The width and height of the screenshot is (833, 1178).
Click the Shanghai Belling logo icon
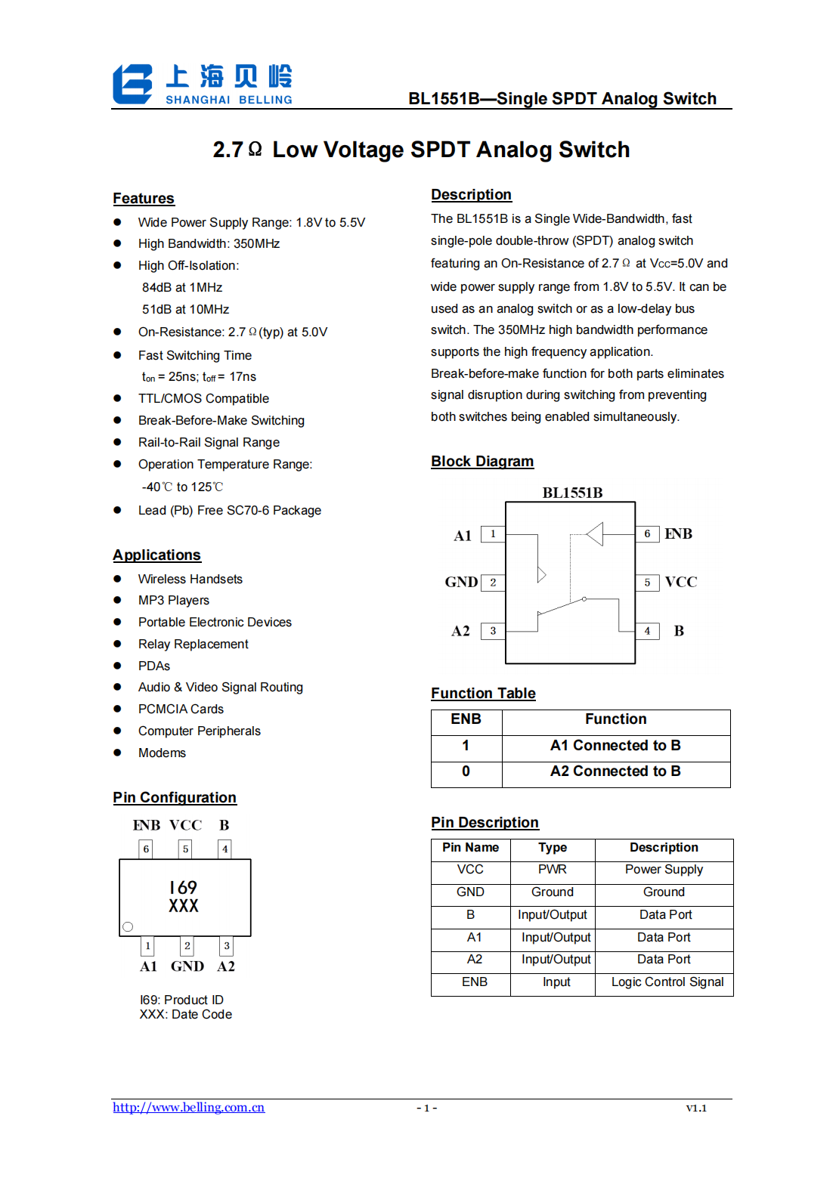tap(132, 84)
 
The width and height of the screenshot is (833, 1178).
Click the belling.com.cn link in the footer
tap(188, 1107)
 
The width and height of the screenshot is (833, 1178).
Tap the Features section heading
tap(144, 198)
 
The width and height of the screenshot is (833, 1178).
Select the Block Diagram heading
tap(482, 461)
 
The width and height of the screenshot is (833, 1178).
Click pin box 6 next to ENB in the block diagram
tap(647, 533)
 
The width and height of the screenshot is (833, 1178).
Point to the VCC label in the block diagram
tap(680, 582)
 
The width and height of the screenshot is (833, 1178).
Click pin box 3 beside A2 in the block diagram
tap(493, 631)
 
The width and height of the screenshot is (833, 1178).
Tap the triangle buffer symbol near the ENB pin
tap(595, 533)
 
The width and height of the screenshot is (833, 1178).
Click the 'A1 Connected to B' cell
tap(615, 745)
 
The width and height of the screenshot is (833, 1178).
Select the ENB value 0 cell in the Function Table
tap(466, 771)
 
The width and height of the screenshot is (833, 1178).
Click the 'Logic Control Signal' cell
tap(667, 982)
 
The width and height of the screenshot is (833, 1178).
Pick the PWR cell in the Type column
tap(552, 870)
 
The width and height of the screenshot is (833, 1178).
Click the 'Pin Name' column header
tap(470, 848)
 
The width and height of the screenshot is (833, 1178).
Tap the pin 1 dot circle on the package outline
tap(128, 926)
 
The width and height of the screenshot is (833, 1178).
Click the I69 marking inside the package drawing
tap(183, 887)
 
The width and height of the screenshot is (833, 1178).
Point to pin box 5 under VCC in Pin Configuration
tap(185, 849)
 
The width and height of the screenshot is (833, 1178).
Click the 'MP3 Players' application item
tap(173, 600)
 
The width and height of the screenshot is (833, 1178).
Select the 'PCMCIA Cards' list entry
tap(181, 709)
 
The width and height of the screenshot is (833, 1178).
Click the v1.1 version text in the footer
tap(695, 1108)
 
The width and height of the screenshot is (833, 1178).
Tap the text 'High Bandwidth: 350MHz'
tap(209, 243)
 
